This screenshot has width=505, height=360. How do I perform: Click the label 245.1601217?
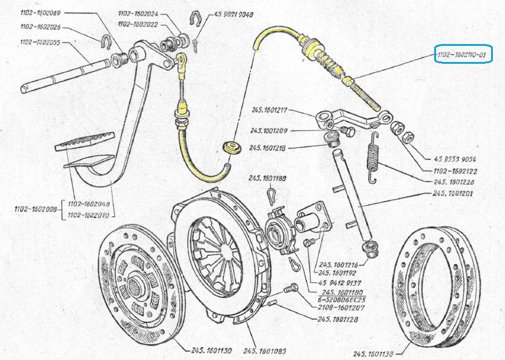(x=273, y=110)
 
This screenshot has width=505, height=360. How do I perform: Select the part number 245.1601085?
(x=264, y=351)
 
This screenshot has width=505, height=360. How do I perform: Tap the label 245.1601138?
(x=375, y=354)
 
